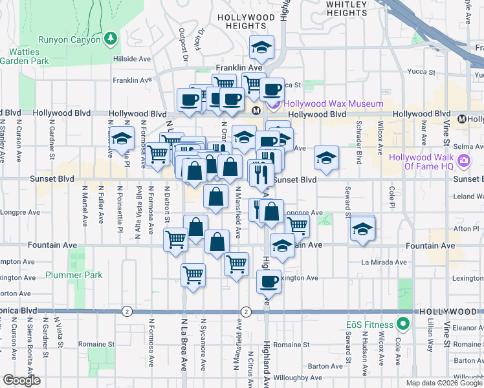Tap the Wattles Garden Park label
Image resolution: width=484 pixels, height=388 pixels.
pyautogui.click(x=25, y=55)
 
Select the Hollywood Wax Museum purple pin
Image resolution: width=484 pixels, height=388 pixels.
pyautogui.click(x=274, y=104)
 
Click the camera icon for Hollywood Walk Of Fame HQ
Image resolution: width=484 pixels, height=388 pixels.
pyautogui.click(x=463, y=160)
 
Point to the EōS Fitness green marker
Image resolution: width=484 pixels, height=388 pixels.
pyautogui.click(x=404, y=325)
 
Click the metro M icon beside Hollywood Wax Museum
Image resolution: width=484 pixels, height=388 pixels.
pyautogui.click(x=256, y=111)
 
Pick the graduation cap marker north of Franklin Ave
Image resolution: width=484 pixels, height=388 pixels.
pyautogui.click(x=262, y=47)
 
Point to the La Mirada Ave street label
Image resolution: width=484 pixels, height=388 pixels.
pyautogui.click(x=384, y=263)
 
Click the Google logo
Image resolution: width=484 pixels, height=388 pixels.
pyautogui.click(x=21, y=380)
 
